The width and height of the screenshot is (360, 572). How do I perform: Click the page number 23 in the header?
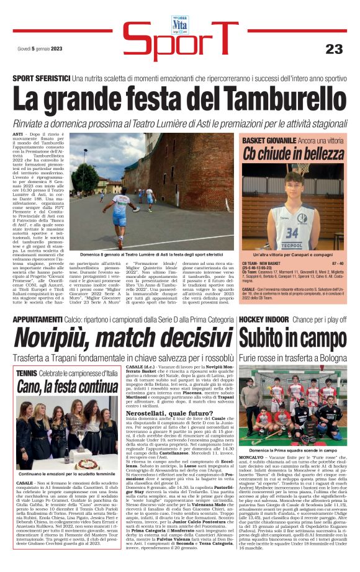coord(333,48)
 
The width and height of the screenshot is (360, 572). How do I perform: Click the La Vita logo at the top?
coord(179,24)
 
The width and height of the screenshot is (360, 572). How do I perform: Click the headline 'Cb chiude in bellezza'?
coord(292,153)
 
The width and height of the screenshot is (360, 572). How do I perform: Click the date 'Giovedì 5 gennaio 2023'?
coord(40,49)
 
